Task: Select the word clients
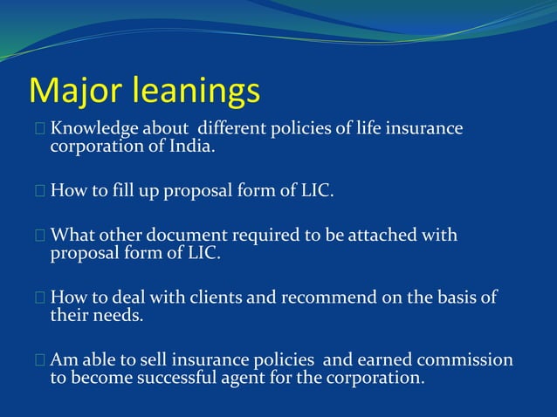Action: [215, 297]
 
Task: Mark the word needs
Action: [118, 315]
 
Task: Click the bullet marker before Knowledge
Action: [40, 130]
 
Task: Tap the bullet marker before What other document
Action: [40, 236]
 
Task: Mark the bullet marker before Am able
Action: [40, 360]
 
